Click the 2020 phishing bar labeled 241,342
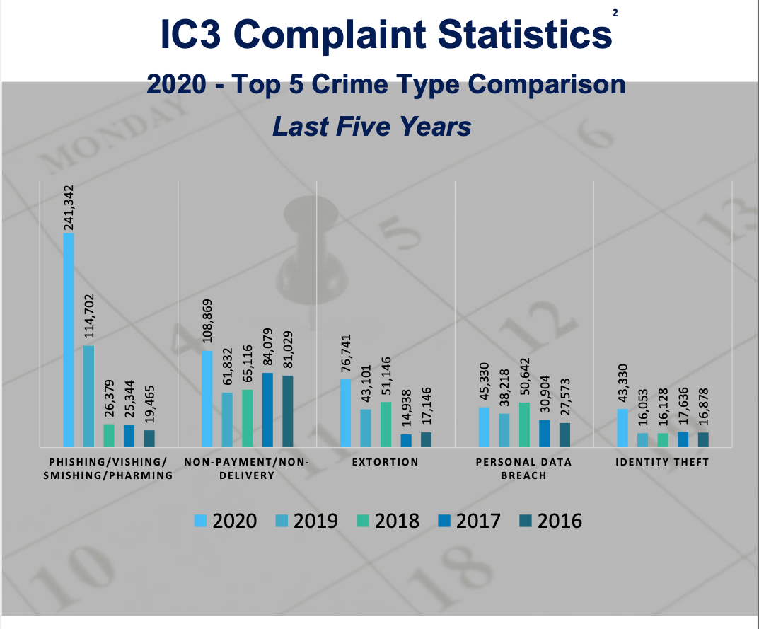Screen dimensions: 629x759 69,340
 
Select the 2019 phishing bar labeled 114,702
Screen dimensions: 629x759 88,396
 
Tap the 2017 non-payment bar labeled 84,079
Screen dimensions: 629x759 267,410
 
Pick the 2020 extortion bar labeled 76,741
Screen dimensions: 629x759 345,413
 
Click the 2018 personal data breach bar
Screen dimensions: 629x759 524,425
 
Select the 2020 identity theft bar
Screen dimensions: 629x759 622,428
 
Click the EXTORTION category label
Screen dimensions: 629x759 386,462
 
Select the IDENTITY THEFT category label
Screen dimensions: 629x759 662,462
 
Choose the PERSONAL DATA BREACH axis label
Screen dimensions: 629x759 523,468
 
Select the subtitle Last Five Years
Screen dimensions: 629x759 372,127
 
